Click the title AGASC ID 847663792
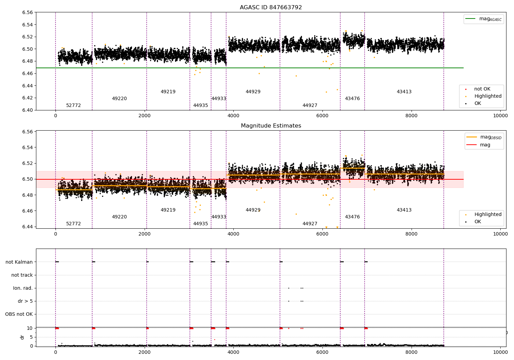point(271,8)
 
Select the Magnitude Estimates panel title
point(271,126)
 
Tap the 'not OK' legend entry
point(482,89)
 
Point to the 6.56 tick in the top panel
point(28,12)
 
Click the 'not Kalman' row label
point(19,262)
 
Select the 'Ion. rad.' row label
point(23,288)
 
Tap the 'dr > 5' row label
point(25,301)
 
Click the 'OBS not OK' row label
point(19,314)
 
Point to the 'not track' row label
point(22,275)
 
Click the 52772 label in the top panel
point(73,106)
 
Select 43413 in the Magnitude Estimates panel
point(404,210)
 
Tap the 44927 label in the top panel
point(310,106)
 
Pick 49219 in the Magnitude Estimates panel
point(168,210)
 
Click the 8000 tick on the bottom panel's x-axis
point(411,351)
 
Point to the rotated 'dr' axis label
point(22,337)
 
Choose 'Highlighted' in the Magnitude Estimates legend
point(488,215)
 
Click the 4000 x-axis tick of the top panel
point(233,116)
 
